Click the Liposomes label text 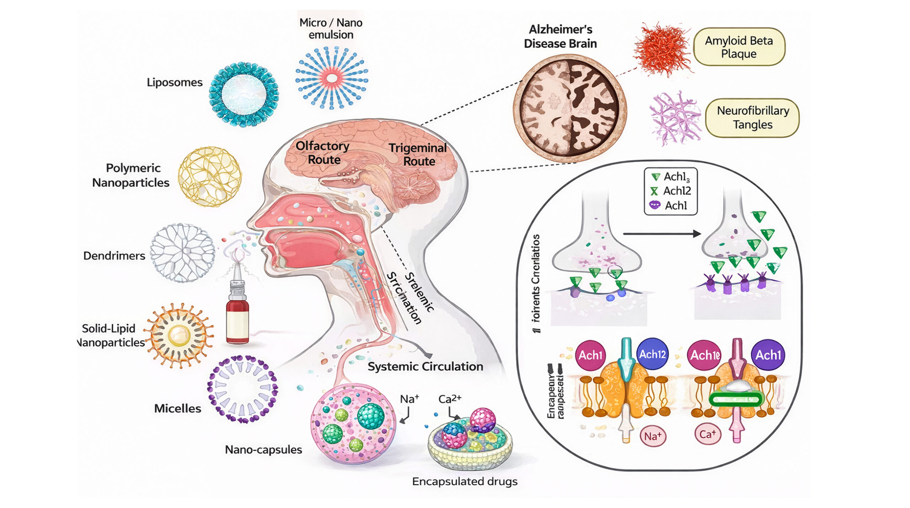[x=175, y=82]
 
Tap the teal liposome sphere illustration [x=244, y=94]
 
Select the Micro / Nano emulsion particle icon [x=332, y=78]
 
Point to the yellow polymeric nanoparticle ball [x=210, y=177]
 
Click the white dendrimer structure [x=182, y=253]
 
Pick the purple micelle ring [x=242, y=389]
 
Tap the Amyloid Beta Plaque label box [x=739, y=47]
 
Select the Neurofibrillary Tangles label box [x=753, y=118]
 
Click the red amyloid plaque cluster [x=663, y=49]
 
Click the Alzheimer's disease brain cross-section [x=570, y=106]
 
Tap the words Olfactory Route [x=323, y=153]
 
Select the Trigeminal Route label [x=418, y=155]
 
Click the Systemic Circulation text [x=425, y=367]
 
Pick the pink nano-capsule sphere [x=353, y=423]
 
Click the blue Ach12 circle [x=652, y=354]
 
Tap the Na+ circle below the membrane [x=653, y=436]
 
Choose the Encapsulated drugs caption [x=465, y=481]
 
